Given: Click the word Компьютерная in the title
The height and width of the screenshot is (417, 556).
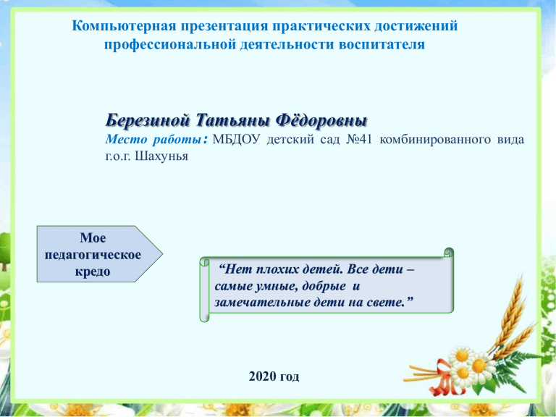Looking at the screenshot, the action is click(124, 26).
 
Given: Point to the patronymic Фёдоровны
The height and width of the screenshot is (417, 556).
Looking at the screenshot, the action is click(321, 121).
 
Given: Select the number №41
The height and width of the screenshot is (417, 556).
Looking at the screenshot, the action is click(359, 139).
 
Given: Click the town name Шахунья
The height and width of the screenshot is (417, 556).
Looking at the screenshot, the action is click(161, 156).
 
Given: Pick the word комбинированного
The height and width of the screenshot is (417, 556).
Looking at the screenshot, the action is click(434, 140).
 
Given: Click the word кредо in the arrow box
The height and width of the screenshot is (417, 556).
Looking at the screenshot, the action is click(93, 271).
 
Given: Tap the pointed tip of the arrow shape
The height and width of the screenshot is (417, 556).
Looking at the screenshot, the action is click(162, 254).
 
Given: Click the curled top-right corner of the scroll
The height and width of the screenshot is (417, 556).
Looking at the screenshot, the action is click(449, 252).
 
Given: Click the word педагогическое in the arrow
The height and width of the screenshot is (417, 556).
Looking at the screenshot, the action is click(93, 255).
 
